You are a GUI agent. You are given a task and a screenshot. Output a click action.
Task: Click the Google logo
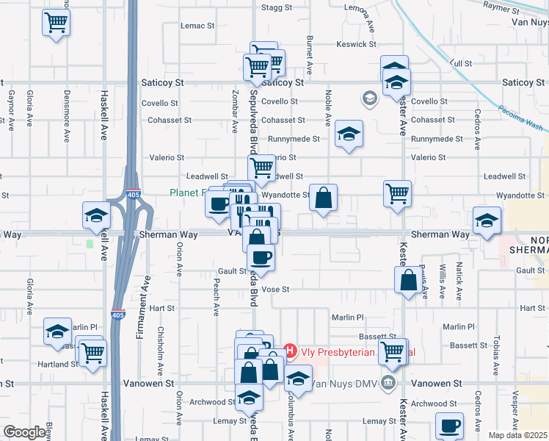[24, 432]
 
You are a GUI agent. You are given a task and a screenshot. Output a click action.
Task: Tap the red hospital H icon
[289, 351]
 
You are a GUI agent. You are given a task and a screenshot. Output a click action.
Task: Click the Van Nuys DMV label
[344, 384]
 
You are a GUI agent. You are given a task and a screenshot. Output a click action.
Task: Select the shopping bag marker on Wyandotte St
[323, 198]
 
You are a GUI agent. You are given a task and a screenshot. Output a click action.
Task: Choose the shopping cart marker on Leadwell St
[262, 168]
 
